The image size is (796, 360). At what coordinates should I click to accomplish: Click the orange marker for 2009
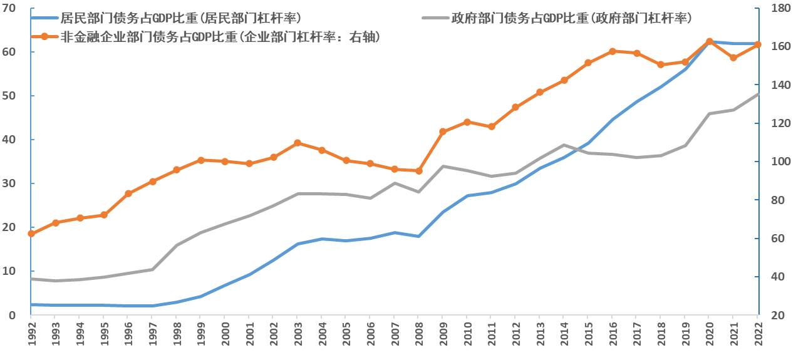point(443,131)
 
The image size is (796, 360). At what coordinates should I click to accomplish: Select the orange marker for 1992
point(31,234)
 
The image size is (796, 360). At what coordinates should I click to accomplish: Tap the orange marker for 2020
point(709,41)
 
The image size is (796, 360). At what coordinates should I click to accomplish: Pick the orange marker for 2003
point(297,143)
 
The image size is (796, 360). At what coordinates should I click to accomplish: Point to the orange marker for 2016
point(613,51)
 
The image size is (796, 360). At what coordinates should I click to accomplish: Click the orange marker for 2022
point(757,44)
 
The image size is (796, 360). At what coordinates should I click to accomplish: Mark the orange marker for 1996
point(128,193)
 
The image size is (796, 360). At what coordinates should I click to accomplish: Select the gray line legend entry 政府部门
point(571,18)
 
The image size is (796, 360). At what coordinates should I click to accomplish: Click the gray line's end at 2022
point(758,94)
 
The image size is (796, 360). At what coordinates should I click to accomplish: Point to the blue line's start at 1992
point(31,305)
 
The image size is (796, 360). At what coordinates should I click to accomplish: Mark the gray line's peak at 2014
point(564,145)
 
